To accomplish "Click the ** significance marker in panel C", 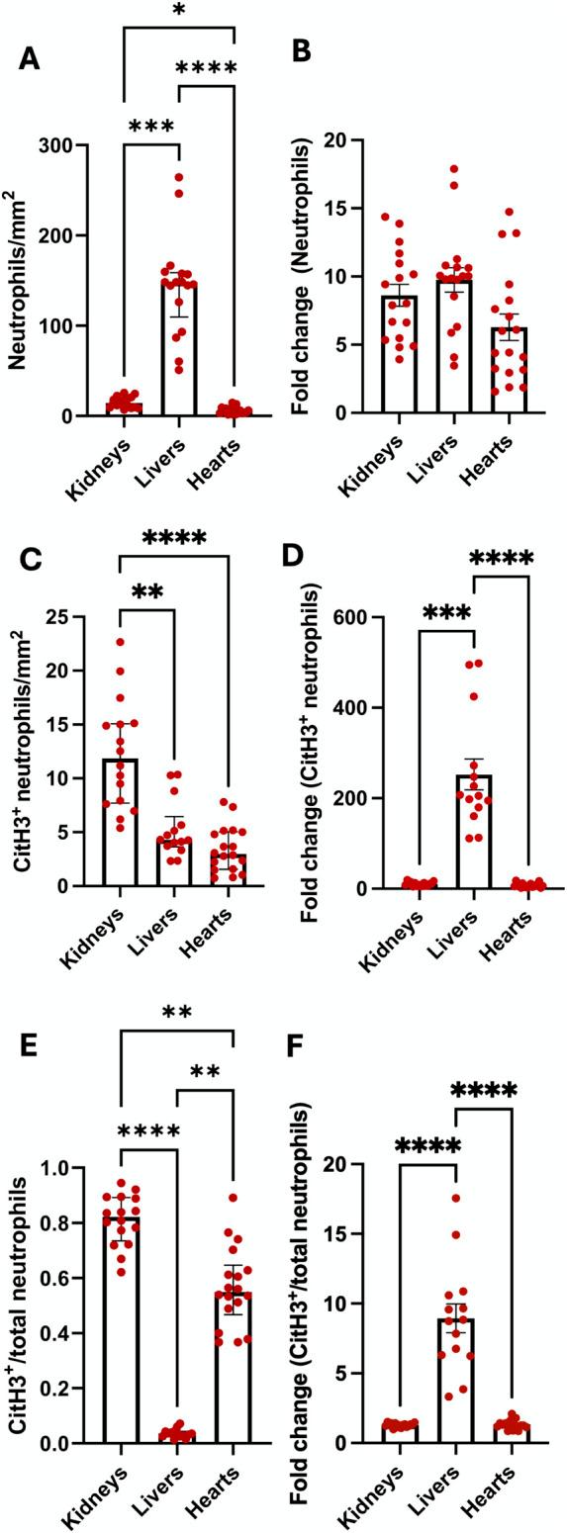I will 147,592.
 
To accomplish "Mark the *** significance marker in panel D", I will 447,612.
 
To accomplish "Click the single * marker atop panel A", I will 178,12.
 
